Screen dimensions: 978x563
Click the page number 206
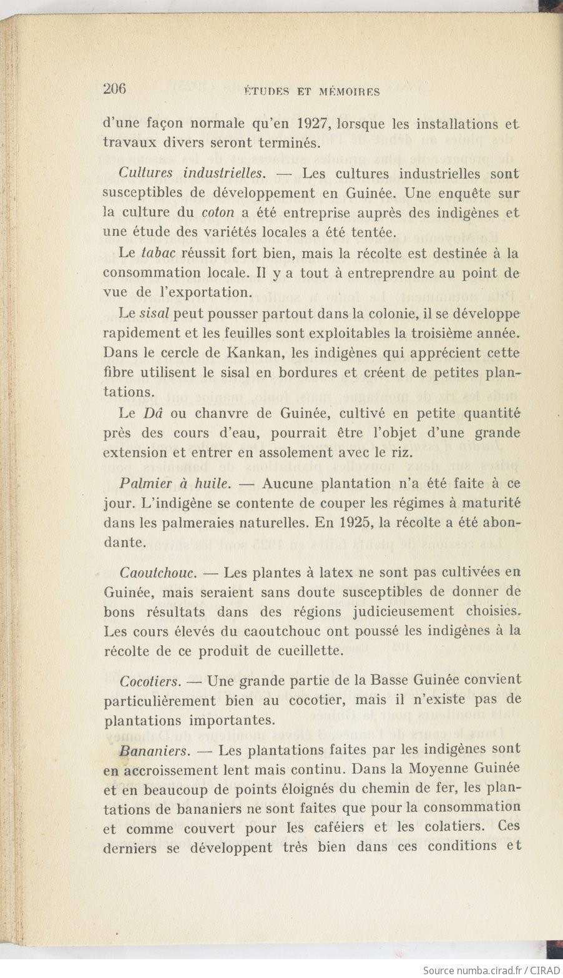114,89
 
